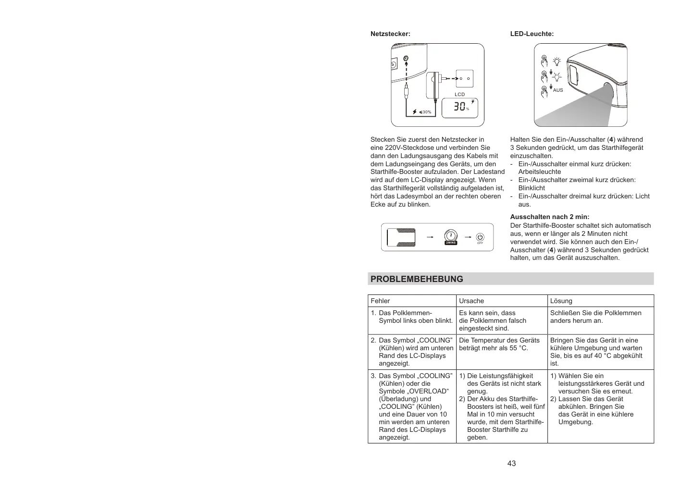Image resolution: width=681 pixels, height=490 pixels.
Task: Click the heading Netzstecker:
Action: coord(390,34)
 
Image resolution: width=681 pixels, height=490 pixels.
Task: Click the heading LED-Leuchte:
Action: coord(532,34)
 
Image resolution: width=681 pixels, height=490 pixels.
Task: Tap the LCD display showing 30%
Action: coord(459,107)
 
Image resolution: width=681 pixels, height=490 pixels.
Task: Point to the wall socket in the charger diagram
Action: coord(464,78)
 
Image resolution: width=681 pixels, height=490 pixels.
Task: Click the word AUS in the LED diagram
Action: coord(558,90)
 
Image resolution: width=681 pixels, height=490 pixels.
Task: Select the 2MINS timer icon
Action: coord(451,237)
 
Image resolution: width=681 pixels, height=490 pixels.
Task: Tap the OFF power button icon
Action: coord(480,238)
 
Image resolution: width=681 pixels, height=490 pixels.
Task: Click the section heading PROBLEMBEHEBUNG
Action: coord(417,279)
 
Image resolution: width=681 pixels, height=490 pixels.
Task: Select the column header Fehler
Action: coord(380,301)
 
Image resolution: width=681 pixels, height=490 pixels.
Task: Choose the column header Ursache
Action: coord(471,301)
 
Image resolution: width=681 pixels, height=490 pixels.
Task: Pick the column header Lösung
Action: coord(561,301)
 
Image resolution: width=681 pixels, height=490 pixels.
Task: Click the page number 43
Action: coord(511,464)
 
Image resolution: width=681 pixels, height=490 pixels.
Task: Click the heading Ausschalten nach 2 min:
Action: coord(549,217)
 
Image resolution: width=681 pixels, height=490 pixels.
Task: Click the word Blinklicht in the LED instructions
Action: coord(532,188)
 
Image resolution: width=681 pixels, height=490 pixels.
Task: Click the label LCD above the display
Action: coord(459,95)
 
